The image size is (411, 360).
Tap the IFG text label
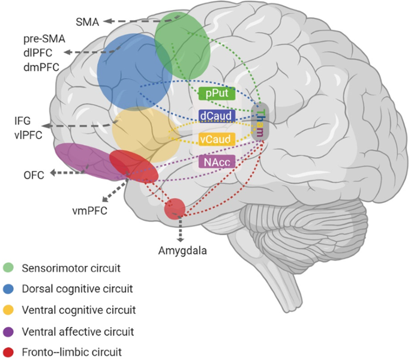[23, 122]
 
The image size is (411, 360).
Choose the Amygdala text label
[181, 250]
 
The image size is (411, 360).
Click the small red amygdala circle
[175, 208]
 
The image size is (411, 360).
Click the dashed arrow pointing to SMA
[132, 22]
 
